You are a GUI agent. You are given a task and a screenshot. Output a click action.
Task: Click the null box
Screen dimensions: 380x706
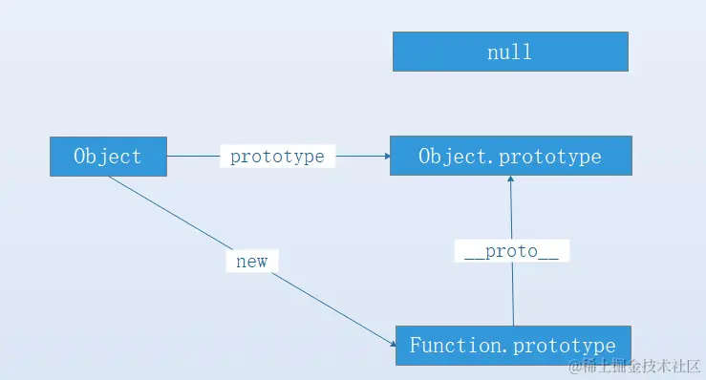click(510, 52)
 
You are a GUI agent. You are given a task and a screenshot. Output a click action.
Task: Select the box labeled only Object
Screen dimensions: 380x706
click(108, 157)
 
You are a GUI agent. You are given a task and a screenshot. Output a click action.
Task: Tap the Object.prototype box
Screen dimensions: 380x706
click(510, 156)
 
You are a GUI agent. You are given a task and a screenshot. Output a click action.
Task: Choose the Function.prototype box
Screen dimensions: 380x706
click(512, 345)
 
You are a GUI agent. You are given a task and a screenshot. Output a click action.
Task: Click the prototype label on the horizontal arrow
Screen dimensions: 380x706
click(277, 157)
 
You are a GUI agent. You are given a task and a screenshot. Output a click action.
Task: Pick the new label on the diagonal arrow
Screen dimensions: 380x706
click(252, 261)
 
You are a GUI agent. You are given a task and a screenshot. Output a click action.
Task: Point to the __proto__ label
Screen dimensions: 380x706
click(511, 251)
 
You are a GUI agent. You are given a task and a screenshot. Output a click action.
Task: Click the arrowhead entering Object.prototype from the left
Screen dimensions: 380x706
click(384, 157)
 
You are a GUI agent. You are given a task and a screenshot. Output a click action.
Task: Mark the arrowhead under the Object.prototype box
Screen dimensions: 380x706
click(510, 182)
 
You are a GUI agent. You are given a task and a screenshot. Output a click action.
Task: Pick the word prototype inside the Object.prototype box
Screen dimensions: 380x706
click(553, 156)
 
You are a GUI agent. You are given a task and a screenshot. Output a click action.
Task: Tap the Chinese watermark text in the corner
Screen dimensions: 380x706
click(641, 367)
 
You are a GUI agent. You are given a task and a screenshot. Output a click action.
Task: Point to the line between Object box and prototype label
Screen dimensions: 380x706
click(193, 157)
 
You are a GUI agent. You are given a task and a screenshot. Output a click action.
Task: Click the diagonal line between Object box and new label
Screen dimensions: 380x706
click(172, 216)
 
